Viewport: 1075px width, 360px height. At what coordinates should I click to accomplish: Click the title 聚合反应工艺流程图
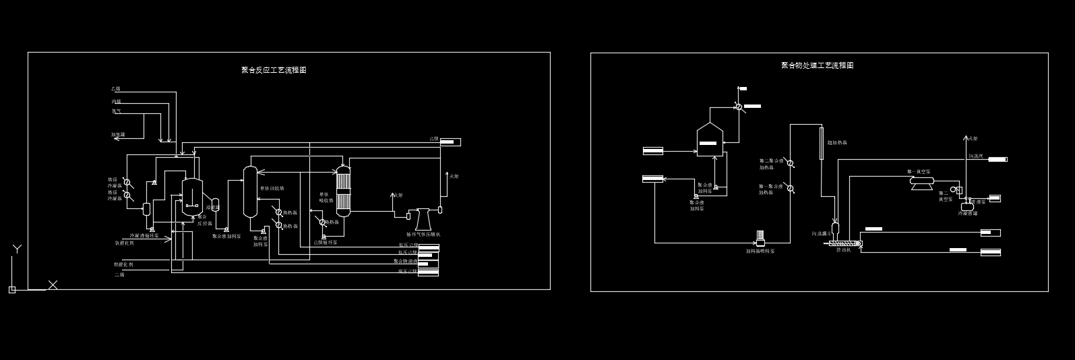[274, 70]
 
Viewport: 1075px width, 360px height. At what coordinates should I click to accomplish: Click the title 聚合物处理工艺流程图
[817, 65]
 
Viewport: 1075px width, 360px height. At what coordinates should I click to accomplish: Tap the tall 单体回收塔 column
[250, 191]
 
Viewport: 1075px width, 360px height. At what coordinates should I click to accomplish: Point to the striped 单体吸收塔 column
[344, 191]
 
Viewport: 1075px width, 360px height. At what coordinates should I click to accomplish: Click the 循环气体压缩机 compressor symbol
[423, 219]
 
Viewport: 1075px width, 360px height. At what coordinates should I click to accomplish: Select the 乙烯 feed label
[116, 89]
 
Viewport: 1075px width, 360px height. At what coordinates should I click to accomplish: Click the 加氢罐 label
[118, 135]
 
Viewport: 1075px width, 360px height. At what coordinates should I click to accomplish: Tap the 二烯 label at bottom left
[119, 275]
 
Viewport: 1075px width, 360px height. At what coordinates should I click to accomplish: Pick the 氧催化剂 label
[124, 243]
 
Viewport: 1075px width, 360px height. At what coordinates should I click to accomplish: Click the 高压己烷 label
[408, 271]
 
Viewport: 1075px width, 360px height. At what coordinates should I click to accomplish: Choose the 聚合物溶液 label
[406, 261]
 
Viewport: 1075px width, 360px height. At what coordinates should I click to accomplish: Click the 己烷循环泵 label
[326, 242]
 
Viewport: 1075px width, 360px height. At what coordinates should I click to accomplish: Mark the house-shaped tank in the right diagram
[709, 139]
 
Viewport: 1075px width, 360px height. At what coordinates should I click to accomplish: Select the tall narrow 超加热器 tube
[822, 143]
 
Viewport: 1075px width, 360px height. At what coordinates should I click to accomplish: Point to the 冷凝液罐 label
[968, 214]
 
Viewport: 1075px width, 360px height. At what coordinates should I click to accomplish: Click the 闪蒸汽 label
[976, 156]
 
